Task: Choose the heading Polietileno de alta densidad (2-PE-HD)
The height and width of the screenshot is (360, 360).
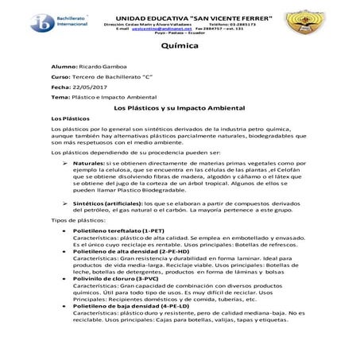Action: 127,295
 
